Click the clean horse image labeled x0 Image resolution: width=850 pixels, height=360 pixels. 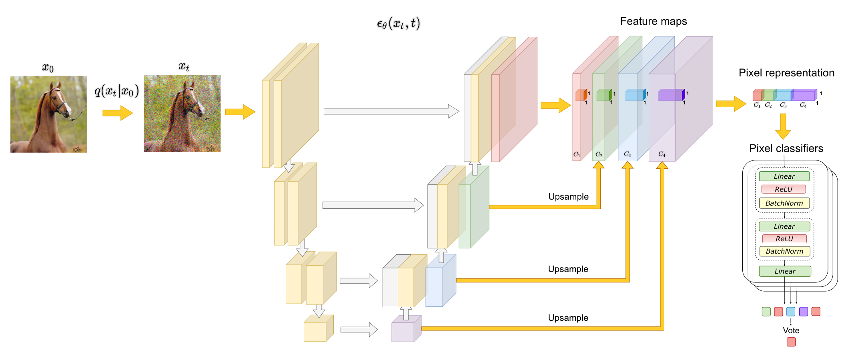tap(48, 114)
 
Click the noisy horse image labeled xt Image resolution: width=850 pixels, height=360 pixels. tap(182, 114)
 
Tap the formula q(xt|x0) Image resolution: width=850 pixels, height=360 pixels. tap(116, 91)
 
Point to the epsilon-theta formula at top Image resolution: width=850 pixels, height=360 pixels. tap(398, 24)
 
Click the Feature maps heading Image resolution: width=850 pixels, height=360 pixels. tap(653, 21)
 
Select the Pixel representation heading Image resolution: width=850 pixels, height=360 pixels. tap(786, 73)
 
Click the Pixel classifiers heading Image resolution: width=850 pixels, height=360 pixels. tap(786, 148)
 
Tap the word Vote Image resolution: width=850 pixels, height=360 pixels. tap(791, 330)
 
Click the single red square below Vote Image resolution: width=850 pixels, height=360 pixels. tap(791, 342)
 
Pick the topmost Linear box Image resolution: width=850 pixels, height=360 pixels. tap(784, 176)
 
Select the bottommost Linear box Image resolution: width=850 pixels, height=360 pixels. tap(785, 271)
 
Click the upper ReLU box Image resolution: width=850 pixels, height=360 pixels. tap(783, 189)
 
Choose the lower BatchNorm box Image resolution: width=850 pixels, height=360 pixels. tap(784, 251)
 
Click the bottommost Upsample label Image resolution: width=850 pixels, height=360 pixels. tap(568, 318)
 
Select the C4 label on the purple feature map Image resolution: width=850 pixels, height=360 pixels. tap(662, 154)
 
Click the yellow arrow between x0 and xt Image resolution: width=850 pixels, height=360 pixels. tap(117, 113)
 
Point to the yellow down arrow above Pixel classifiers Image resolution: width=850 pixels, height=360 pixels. tap(783, 126)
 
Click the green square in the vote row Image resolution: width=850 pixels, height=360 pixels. tap(766, 312)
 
